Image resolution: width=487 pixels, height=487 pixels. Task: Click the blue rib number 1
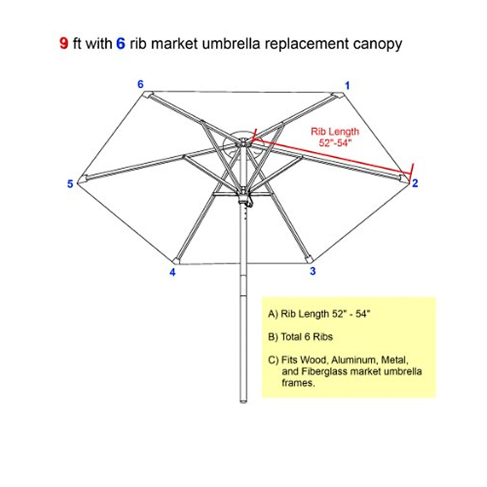[347, 86]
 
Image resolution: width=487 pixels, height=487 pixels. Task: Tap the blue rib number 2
[415, 183]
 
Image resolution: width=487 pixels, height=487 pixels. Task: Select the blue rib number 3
[312, 271]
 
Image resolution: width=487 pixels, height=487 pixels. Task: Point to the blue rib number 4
[172, 272]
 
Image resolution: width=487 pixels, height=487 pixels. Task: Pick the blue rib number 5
[70, 184]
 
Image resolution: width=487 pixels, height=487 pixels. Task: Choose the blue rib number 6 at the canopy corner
[140, 84]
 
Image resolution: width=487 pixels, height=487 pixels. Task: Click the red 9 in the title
[64, 43]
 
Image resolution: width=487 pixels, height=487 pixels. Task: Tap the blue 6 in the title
[121, 43]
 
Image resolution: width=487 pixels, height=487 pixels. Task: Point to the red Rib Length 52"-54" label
[335, 137]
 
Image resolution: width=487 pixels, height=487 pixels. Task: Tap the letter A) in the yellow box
[273, 314]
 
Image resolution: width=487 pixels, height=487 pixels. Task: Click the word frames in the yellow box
[297, 383]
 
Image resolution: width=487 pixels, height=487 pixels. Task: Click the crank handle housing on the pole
[244, 200]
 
